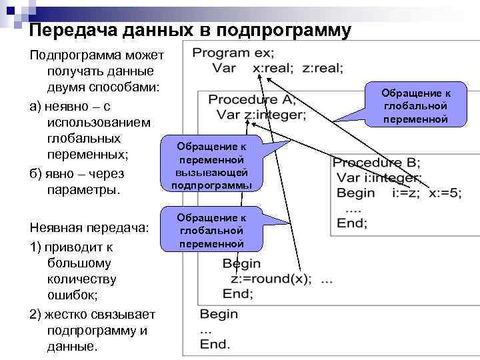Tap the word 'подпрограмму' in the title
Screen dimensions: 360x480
[x=293, y=31]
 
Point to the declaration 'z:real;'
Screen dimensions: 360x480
[x=323, y=67]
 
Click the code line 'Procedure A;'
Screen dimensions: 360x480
[x=252, y=100]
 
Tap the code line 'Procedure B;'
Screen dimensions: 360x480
[x=376, y=163]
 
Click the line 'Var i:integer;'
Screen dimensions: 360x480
[x=379, y=177]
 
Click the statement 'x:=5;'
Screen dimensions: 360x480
[x=445, y=193]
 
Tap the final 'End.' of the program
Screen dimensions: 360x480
[x=215, y=344]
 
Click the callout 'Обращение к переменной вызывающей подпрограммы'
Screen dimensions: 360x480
[x=211, y=166]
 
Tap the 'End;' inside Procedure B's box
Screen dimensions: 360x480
[x=351, y=223]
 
